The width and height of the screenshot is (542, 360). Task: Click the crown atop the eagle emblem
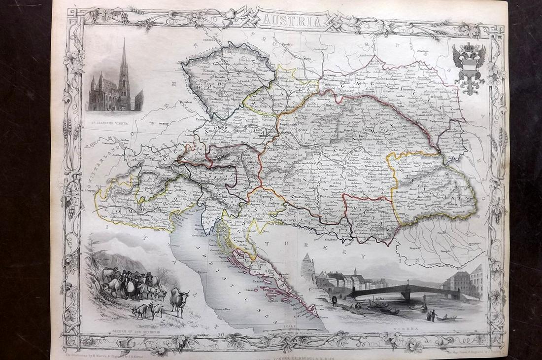(469, 47)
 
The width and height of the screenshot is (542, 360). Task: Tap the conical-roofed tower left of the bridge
(308, 269)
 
